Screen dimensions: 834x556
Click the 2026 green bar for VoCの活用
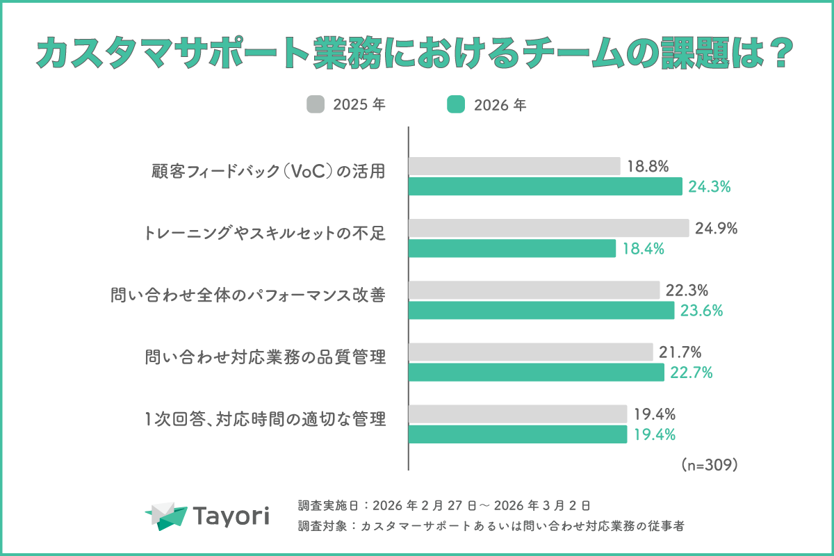(x=545, y=186)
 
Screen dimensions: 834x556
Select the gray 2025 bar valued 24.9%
(x=548, y=228)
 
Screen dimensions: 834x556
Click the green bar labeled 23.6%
(x=541, y=310)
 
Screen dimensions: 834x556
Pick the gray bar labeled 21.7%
(x=530, y=352)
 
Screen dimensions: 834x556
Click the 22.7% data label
(x=692, y=373)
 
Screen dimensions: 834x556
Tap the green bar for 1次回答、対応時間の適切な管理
(x=517, y=434)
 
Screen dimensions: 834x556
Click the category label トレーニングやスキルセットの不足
(x=265, y=234)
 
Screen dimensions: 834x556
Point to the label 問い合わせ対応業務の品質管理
(x=265, y=357)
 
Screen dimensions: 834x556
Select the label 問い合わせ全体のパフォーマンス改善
(x=248, y=295)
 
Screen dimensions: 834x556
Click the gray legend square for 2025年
(x=316, y=105)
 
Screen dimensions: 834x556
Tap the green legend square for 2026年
(x=455, y=105)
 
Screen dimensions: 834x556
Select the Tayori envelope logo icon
(x=167, y=516)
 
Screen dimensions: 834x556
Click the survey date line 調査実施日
(x=443, y=505)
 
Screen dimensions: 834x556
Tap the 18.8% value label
(x=648, y=166)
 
